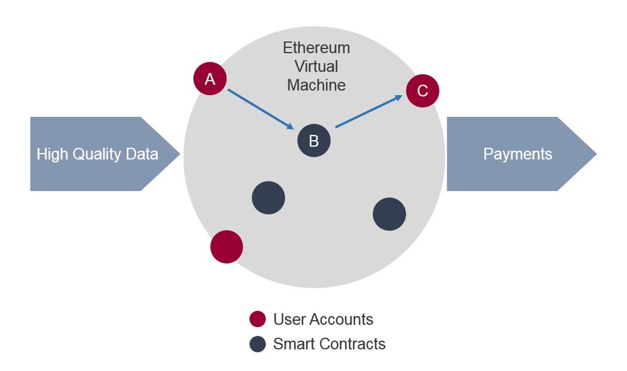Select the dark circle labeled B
[x=314, y=141]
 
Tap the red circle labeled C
[x=422, y=91]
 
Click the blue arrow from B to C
[x=369, y=111]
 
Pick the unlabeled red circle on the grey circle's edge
[x=227, y=247]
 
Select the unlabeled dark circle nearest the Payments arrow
[x=389, y=214]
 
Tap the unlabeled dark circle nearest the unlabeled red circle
[x=268, y=198]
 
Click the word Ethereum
[x=316, y=48]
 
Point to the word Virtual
[x=316, y=66]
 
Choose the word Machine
[x=316, y=85]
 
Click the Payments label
[x=517, y=154]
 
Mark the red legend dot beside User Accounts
[x=258, y=320]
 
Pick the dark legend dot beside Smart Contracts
[x=258, y=344]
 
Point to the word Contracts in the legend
[x=352, y=344]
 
